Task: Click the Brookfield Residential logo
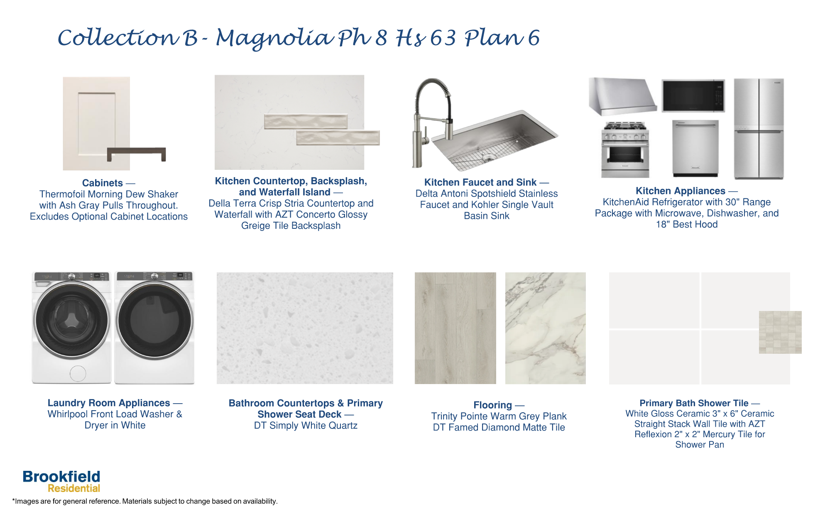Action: click(x=61, y=482)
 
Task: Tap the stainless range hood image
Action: click(x=622, y=97)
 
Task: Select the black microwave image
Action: click(x=693, y=96)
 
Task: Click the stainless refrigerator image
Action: click(x=759, y=129)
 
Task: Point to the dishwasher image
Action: click(x=695, y=148)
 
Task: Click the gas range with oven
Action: click(x=625, y=149)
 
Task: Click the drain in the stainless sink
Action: click(x=488, y=157)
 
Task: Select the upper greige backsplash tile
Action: click(x=306, y=122)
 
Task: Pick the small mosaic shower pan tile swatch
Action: click(x=780, y=332)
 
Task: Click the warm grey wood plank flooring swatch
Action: click(x=455, y=328)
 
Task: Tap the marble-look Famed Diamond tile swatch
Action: click(x=545, y=328)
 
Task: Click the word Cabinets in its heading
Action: click(x=103, y=183)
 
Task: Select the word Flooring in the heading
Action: click(x=492, y=405)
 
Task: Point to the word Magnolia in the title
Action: click(x=274, y=38)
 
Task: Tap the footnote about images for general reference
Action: click(x=145, y=501)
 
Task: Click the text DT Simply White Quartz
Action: click(x=306, y=426)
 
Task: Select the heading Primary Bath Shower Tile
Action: click(x=694, y=403)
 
